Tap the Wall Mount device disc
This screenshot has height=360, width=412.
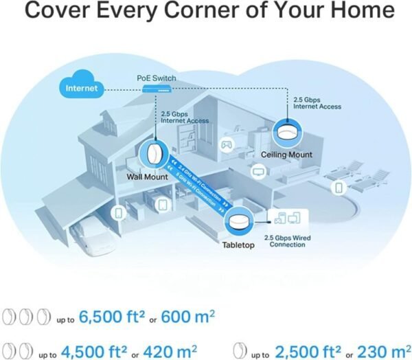pos(157,154)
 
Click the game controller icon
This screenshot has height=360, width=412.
pos(225,146)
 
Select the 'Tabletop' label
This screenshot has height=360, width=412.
pos(238,245)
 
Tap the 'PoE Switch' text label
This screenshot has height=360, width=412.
pos(156,78)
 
